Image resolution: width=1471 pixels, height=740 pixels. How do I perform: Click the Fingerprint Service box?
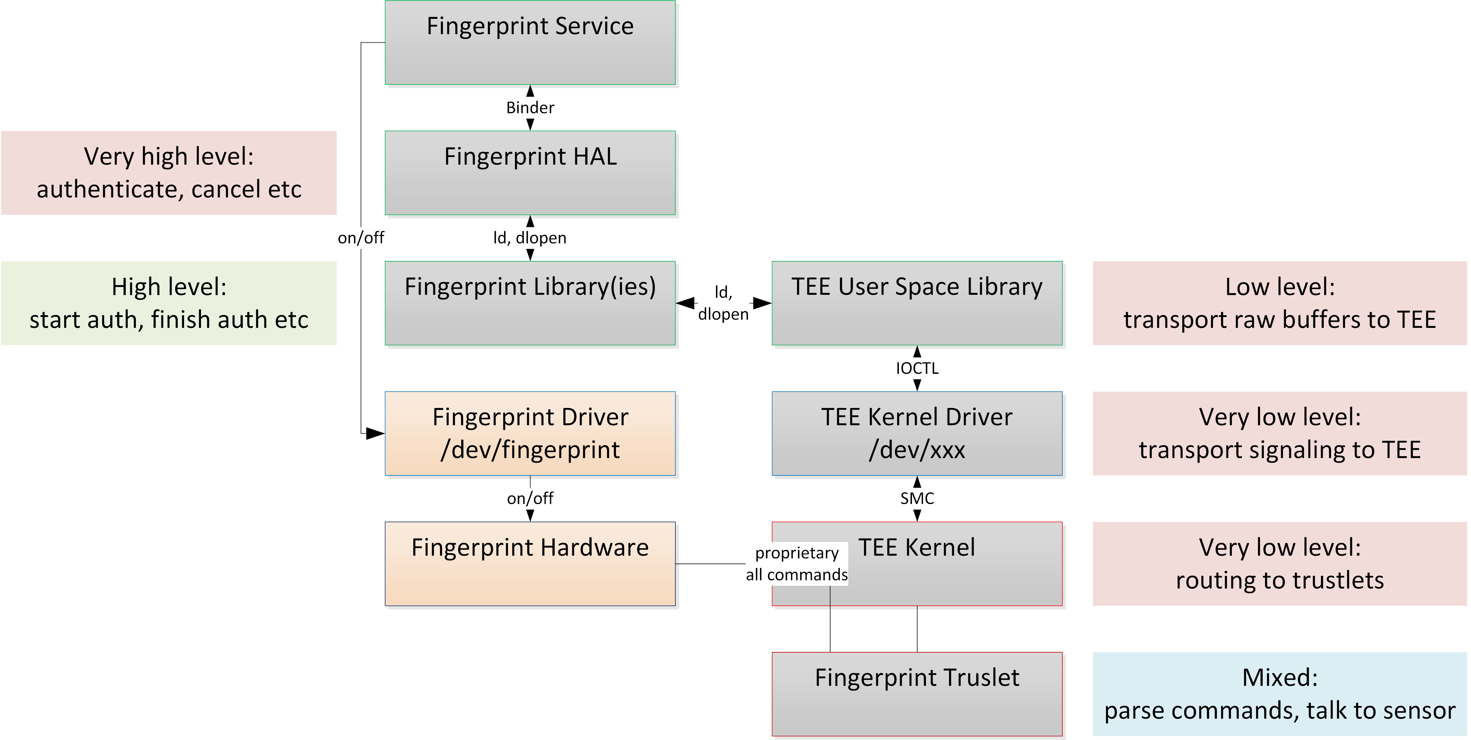[530, 43]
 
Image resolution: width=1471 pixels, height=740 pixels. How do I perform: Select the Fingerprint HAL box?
[530, 173]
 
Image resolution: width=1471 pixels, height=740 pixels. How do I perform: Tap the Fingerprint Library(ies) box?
[530, 304]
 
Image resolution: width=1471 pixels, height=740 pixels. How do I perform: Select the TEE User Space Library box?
[917, 304]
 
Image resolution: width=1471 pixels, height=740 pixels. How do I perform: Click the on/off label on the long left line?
[361, 238]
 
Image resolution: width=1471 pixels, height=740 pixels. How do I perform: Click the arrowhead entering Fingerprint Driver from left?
[375, 434]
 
